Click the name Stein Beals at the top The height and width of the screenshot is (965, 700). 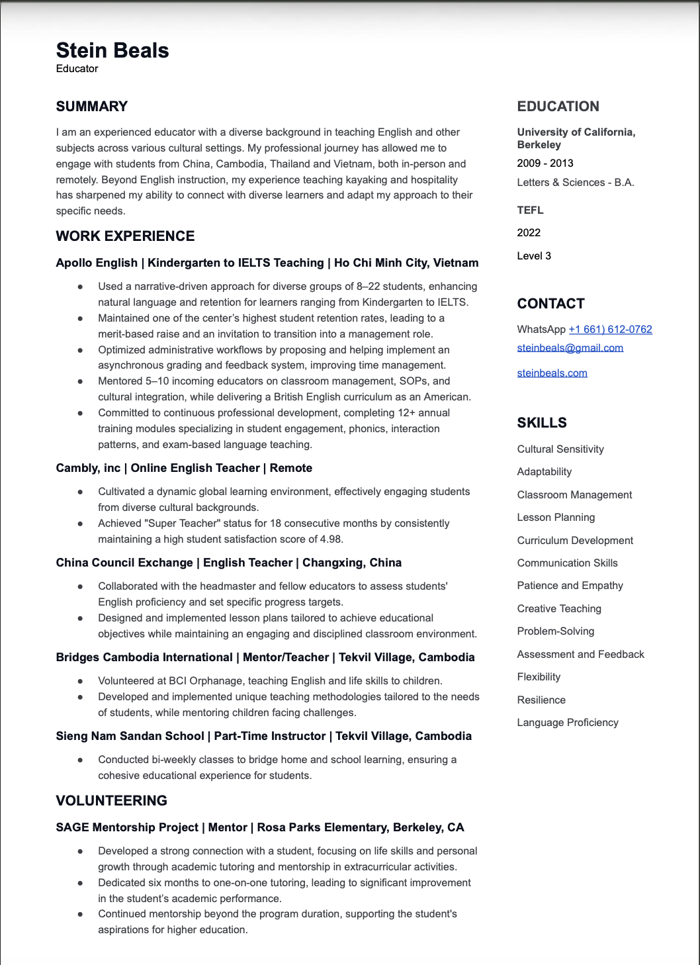coord(112,50)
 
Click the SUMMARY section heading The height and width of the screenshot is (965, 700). coord(91,107)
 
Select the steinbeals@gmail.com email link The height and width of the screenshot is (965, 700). coord(570,348)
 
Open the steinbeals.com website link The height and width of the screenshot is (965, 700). coord(552,373)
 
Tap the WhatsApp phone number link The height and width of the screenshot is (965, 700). coord(610,330)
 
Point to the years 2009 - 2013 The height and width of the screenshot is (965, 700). coord(545,163)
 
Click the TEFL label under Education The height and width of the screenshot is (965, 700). coord(530,210)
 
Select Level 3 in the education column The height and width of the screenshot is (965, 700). coord(534,256)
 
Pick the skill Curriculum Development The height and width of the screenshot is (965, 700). coord(575,541)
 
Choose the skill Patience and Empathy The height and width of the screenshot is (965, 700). coord(570,586)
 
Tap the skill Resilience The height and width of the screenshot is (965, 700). coord(541,700)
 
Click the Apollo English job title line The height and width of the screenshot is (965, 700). coord(267,263)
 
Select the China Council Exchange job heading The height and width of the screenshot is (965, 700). coord(228,563)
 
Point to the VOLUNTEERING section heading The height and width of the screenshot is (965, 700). coord(111,801)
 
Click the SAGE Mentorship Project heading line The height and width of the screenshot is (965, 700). coord(259,827)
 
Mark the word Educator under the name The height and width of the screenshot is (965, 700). coord(77,69)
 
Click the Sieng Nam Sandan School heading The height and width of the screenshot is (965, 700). coord(263,736)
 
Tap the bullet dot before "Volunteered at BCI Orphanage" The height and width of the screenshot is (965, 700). coord(80,681)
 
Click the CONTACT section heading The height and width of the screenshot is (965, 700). coord(550,304)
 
